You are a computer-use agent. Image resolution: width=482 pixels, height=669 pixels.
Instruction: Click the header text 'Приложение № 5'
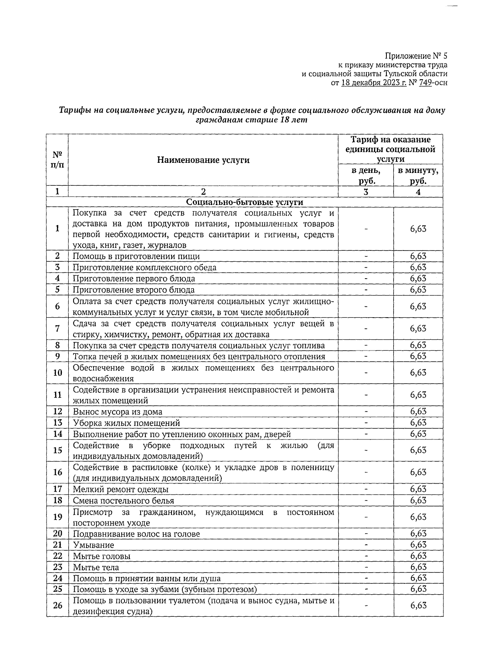tap(416, 55)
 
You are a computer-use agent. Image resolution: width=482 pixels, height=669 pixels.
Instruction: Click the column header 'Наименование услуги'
tap(203, 160)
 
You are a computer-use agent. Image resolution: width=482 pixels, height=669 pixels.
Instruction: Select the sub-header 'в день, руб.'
tap(366, 176)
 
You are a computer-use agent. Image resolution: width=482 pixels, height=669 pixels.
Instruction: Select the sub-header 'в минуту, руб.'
tap(418, 176)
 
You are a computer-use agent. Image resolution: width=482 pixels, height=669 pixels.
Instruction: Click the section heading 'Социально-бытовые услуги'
tap(245, 202)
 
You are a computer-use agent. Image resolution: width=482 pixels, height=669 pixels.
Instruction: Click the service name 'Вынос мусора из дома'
tap(117, 412)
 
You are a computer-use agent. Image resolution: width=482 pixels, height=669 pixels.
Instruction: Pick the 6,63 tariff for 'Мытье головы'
tap(418, 556)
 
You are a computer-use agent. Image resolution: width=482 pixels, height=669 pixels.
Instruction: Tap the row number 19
tap(57, 517)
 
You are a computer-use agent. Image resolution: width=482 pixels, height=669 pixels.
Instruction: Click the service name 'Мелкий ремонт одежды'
tap(120, 489)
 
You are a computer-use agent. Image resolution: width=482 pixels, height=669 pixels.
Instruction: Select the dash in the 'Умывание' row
tap(366, 545)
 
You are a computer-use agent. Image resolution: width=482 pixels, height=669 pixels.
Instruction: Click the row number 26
tap(57, 605)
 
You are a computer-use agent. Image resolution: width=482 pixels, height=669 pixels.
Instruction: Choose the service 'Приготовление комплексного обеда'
tap(144, 268)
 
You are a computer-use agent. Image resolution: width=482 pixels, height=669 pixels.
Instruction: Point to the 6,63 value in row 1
tap(418, 229)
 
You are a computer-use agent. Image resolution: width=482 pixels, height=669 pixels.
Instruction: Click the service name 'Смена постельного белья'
tap(123, 501)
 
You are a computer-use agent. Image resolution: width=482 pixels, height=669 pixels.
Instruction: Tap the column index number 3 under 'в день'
tap(366, 192)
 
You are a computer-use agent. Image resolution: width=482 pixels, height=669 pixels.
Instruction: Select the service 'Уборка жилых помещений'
tap(126, 423)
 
